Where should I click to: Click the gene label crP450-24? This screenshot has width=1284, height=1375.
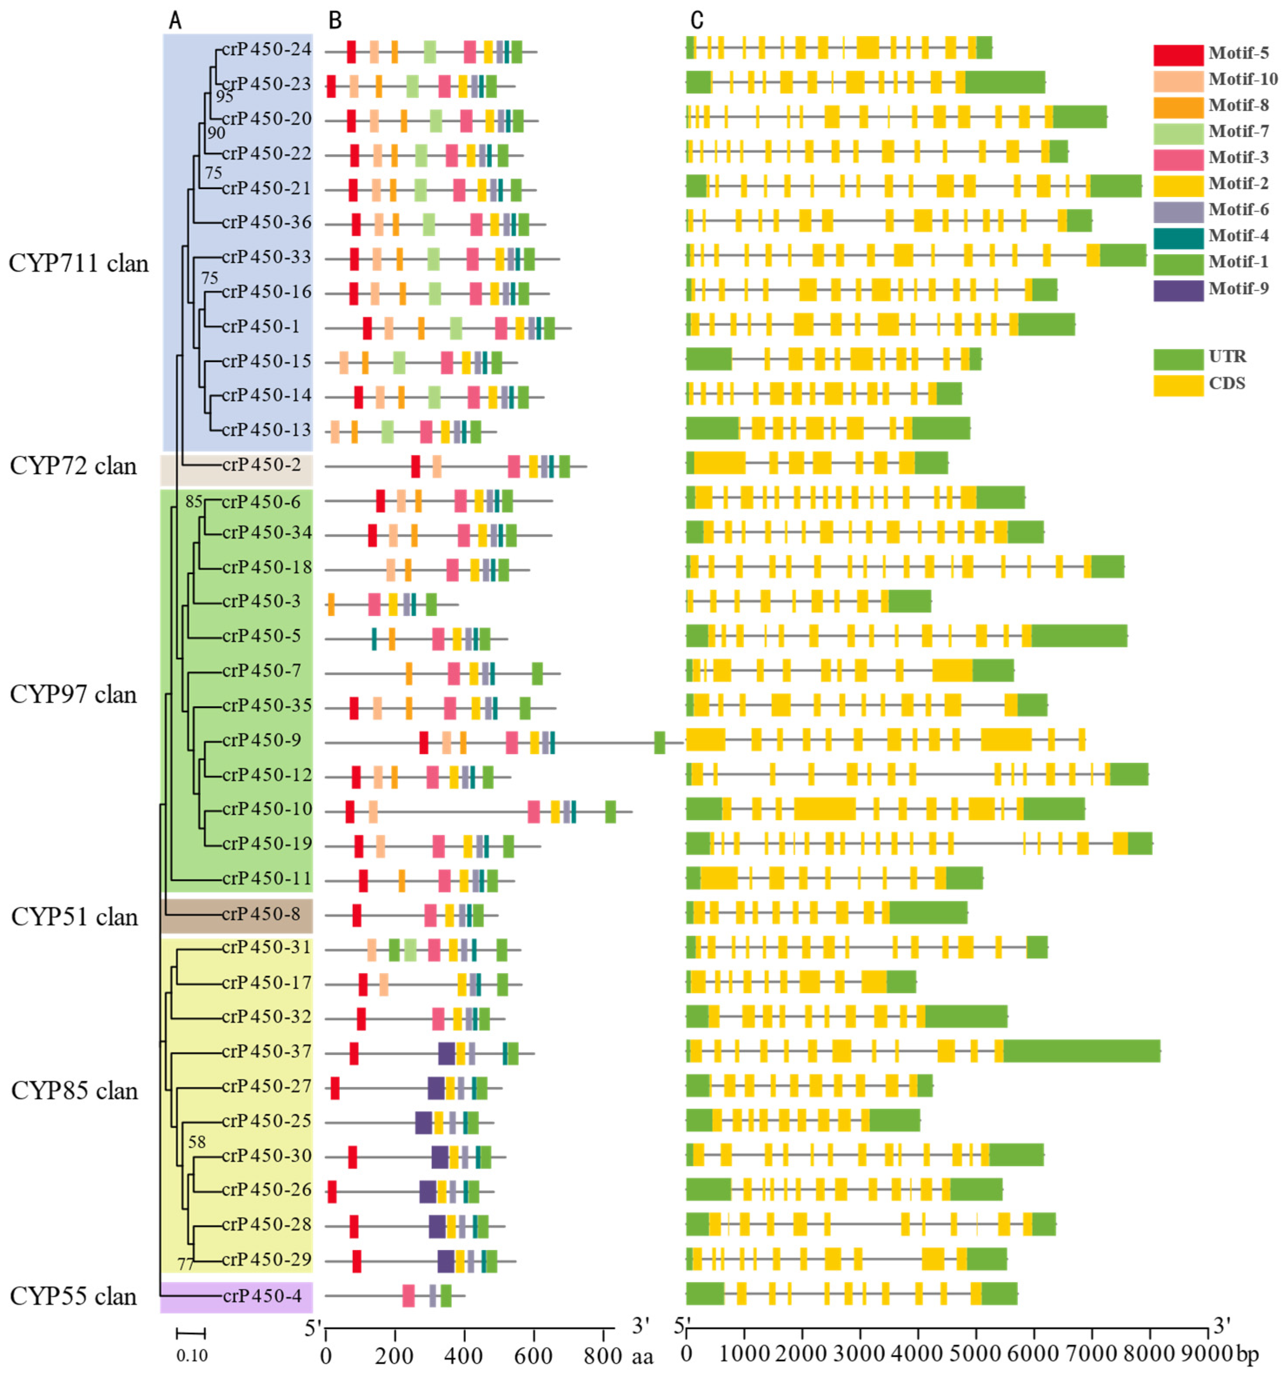point(266,50)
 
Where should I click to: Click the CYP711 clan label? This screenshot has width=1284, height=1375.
point(78,263)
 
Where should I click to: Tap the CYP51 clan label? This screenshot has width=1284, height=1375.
point(74,917)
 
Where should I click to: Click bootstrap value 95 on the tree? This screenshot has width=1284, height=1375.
point(224,97)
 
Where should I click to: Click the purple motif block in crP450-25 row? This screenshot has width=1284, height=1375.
point(423,1122)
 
